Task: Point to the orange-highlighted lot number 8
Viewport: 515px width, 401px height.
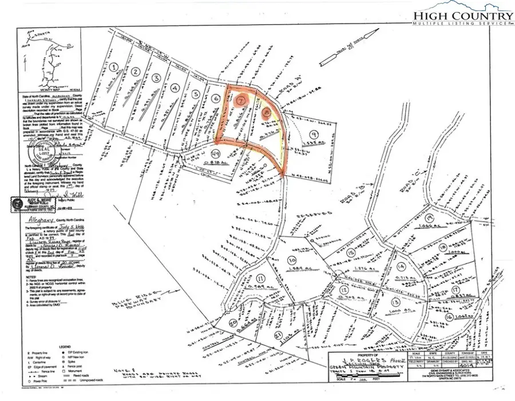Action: pos(267,113)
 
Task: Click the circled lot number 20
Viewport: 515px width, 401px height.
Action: pos(233,324)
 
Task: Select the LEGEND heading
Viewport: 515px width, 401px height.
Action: pos(62,346)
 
